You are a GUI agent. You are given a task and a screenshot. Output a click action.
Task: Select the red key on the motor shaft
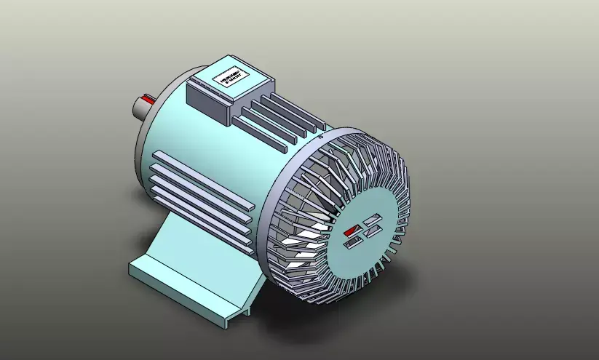tap(148, 97)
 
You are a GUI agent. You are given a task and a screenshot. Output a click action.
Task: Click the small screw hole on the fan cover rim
tap(321, 135)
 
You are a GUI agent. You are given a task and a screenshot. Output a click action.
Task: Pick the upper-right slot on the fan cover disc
tap(373, 219)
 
